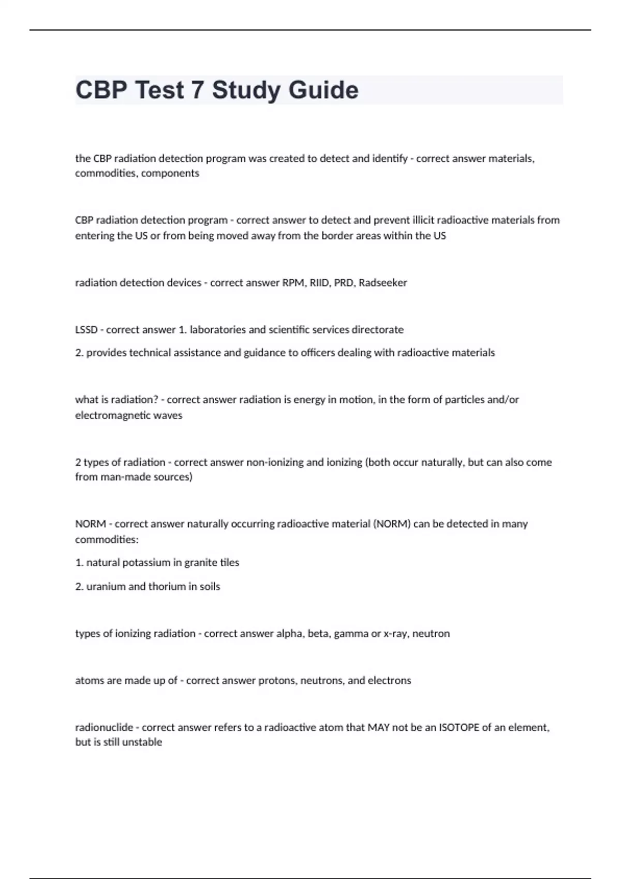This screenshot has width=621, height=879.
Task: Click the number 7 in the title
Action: click(x=197, y=90)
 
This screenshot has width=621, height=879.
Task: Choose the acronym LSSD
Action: click(x=86, y=330)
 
